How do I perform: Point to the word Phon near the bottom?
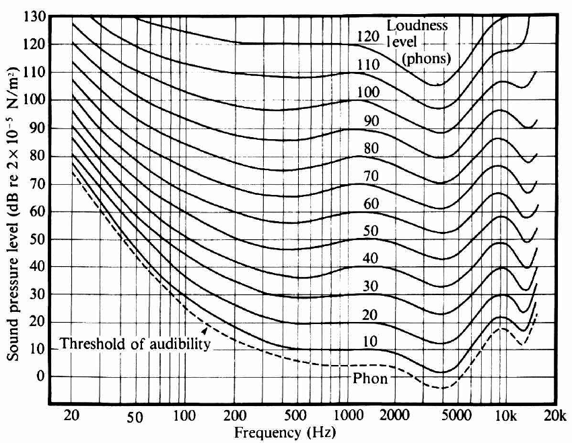(370, 378)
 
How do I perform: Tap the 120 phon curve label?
(369, 36)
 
